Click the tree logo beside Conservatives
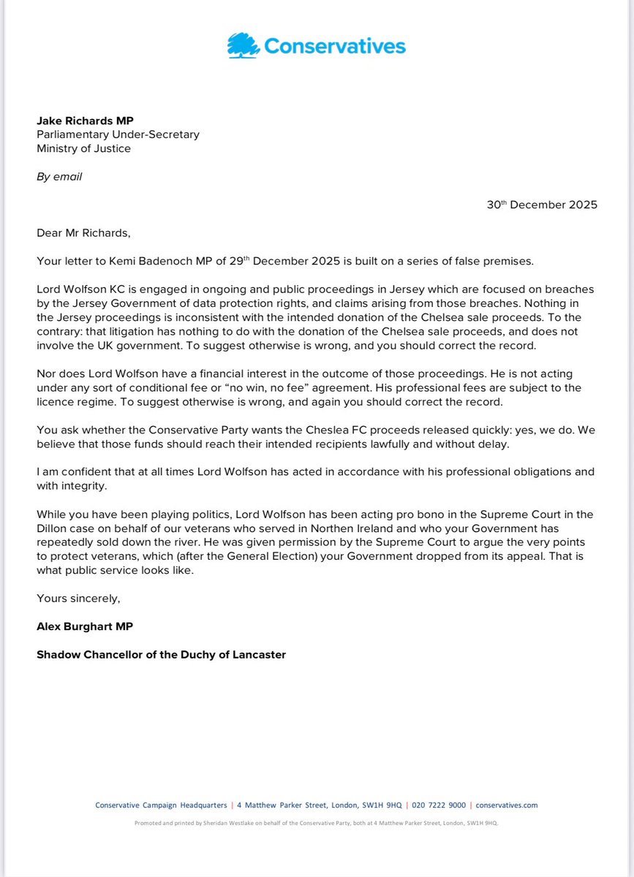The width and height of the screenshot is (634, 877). point(244,46)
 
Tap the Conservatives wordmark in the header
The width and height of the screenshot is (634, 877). point(334,47)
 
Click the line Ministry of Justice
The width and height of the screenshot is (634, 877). point(83,149)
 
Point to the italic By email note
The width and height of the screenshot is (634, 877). point(59,177)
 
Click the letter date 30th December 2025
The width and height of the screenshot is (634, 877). point(542,205)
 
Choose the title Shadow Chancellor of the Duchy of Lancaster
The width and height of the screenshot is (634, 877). point(161,654)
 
